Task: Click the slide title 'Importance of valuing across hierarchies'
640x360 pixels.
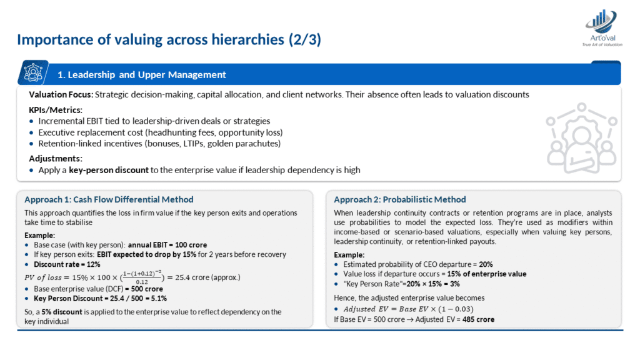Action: click(169, 40)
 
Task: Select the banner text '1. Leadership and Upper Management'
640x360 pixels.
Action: click(141, 74)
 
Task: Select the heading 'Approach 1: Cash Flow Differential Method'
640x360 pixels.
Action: click(109, 199)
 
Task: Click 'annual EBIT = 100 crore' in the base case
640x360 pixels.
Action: click(167, 244)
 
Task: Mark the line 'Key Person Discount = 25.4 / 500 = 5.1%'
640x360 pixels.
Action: click(102, 298)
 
